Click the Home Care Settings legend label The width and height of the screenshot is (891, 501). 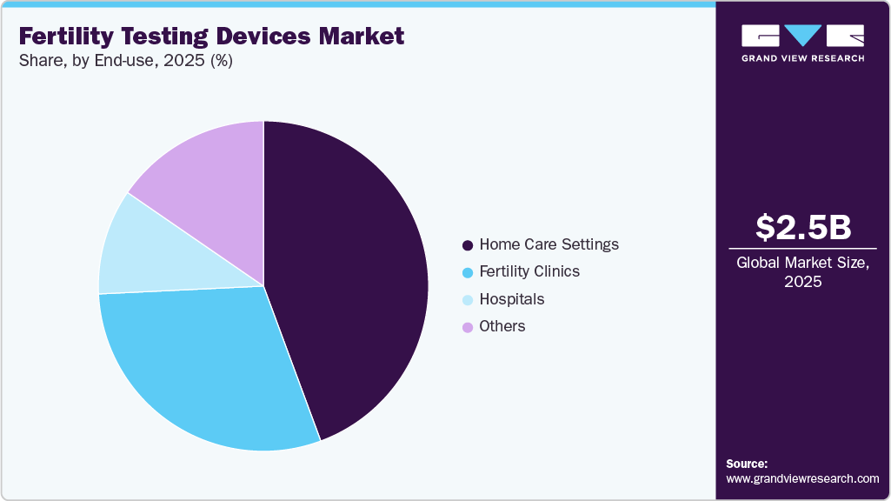click(x=549, y=244)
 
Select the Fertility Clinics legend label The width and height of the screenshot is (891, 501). click(x=529, y=271)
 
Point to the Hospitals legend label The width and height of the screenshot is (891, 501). click(x=511, y=299)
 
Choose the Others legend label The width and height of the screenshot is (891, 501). click(x=502, y=326)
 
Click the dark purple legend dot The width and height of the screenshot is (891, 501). click(x=468, y=245)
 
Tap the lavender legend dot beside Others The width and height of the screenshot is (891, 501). click(x=468, y=327)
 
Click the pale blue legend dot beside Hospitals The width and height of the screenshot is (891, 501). click(x=468, y=300)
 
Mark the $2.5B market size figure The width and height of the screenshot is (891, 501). click(x=802, y=227)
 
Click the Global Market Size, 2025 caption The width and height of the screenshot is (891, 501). click(x=802, y=271)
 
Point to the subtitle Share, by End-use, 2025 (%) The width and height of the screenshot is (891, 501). click(x=125, y=61)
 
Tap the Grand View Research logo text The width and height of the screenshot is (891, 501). click(x=802, y=58)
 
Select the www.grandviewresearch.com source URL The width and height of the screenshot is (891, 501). click(x=802, y=478)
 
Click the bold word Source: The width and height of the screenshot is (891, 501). click(x=747, y=464)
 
